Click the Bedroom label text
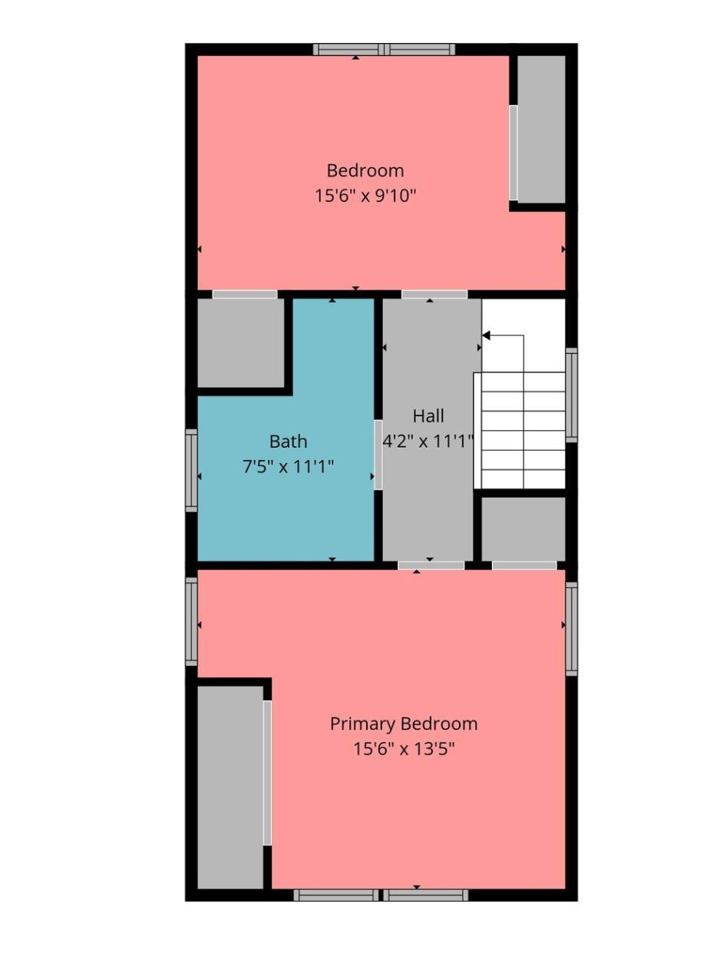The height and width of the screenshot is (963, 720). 365,170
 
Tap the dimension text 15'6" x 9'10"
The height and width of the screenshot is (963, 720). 365,195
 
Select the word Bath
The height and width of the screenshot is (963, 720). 288,442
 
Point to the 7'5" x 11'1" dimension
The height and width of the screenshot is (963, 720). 288,466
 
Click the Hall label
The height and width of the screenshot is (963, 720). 428,416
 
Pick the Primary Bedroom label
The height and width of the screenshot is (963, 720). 404,724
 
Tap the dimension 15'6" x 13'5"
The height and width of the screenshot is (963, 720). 404,749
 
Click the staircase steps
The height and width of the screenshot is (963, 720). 519,430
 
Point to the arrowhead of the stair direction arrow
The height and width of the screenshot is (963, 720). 486,336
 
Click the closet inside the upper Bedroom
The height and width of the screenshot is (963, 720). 541,129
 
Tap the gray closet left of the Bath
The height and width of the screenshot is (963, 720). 241,343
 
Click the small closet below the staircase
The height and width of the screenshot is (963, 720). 523,528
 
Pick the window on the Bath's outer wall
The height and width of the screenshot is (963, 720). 191,470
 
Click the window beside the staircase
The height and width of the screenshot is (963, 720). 571,395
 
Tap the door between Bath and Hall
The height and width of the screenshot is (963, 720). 378,455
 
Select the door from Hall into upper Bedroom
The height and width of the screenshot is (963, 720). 434,294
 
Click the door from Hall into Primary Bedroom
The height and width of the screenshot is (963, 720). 431,565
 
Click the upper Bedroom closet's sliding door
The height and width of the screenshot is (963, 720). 513,153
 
